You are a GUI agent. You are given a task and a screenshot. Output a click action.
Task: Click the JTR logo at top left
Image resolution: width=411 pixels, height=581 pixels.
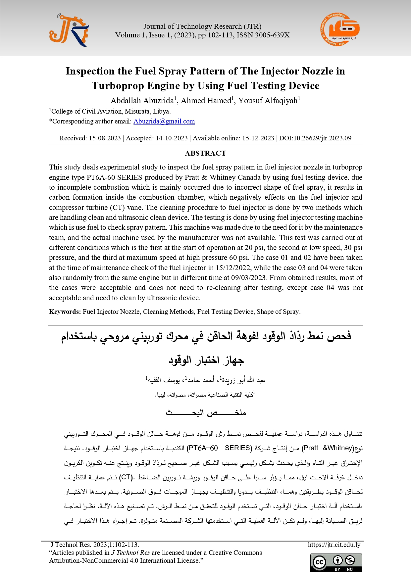(69, 30)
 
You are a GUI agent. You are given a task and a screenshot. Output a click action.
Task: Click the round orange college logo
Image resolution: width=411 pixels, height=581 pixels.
(340, 30)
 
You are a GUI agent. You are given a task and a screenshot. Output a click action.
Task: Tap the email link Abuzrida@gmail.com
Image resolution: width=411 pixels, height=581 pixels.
(164, 121)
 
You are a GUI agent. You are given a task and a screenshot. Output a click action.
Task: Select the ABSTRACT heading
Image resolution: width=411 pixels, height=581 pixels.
(205, 153)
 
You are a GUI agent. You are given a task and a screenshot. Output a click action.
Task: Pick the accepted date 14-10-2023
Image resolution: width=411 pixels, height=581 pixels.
(172, 138)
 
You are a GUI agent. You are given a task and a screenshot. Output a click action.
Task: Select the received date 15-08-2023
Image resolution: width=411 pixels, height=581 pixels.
(105, 138)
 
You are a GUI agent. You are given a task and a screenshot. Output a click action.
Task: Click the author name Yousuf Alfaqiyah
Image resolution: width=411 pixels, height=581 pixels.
(268, 101)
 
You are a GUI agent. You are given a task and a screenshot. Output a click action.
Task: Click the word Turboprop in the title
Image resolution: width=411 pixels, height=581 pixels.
(118, 86)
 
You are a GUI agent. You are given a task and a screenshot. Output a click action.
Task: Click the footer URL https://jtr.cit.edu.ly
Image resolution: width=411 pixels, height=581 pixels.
(334, 545)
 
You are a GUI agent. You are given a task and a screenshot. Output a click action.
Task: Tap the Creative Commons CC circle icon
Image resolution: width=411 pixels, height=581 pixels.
(320, 562)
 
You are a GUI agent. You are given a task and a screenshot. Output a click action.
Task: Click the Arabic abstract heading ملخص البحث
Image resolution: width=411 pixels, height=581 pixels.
(206, 413)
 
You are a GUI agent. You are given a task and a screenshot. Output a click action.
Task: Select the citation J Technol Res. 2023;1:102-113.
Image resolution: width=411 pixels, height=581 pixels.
(95, 545)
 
